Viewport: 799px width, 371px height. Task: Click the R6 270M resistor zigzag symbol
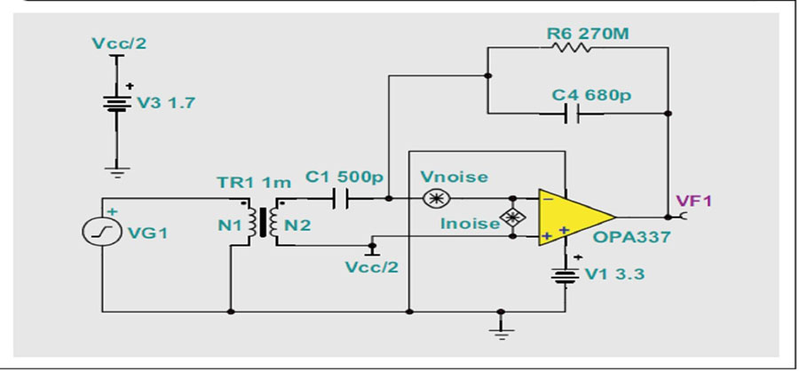click(569, 47)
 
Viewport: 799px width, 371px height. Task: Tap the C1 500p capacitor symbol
click(340, 198)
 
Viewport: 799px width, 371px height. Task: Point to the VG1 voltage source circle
click(101, 232)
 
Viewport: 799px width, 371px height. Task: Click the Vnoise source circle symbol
click(436, 198)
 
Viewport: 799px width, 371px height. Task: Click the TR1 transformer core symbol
click(263, 223)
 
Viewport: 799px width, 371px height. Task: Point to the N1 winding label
click(229, 225)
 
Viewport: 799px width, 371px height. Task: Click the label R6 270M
click(588, 34)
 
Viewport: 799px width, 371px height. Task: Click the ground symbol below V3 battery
click(118, 172)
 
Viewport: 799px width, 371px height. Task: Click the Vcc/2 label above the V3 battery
click(119, 43)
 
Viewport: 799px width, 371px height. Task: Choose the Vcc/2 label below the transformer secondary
click(372, 267)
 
